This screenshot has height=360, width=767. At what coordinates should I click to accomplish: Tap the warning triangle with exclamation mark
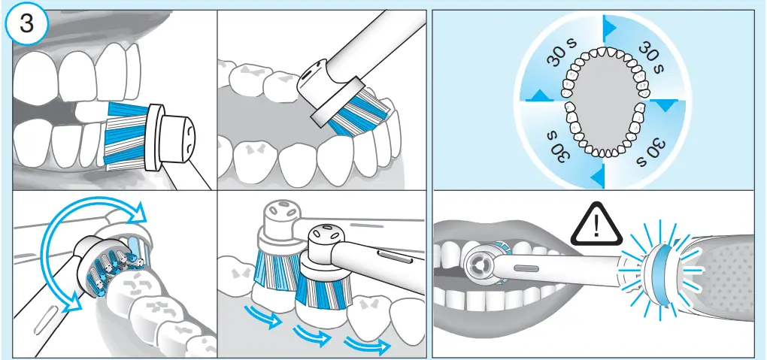[x=595, y=225]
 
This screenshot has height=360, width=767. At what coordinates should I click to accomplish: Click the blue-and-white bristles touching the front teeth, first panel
[x=125, y=134]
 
